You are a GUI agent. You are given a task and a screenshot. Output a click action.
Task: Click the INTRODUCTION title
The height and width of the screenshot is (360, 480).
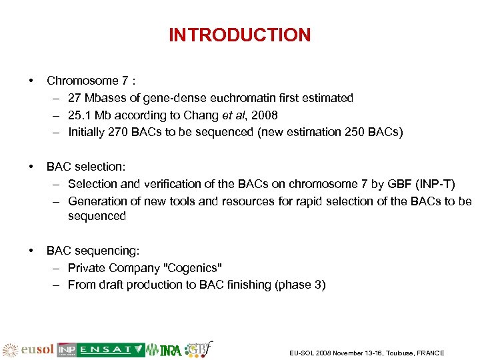[x=239, y=35]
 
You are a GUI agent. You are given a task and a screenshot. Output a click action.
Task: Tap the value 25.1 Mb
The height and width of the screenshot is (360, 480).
[x=88, y=115]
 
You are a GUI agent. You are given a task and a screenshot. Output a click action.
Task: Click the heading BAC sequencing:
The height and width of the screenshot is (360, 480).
[x=93, y=251]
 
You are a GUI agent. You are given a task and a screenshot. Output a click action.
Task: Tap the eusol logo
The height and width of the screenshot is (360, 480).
[x=29, y=350]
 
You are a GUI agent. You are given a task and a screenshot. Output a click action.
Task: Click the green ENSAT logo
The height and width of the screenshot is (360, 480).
[x=111, y=350]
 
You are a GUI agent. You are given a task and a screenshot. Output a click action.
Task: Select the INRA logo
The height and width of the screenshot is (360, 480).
[x=171, y=350]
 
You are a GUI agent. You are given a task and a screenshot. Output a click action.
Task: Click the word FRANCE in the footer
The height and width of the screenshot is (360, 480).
[x=429, y=353]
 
